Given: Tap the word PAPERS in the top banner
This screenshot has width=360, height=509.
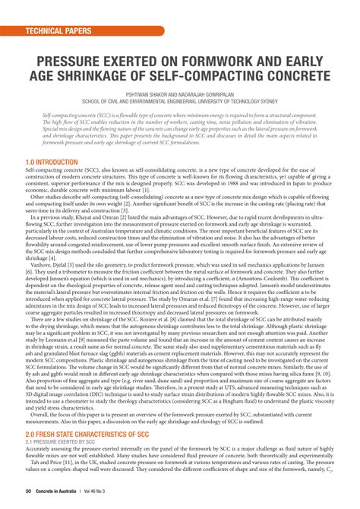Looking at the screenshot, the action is [78, 32].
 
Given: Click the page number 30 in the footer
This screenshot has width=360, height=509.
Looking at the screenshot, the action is [27, 494].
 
